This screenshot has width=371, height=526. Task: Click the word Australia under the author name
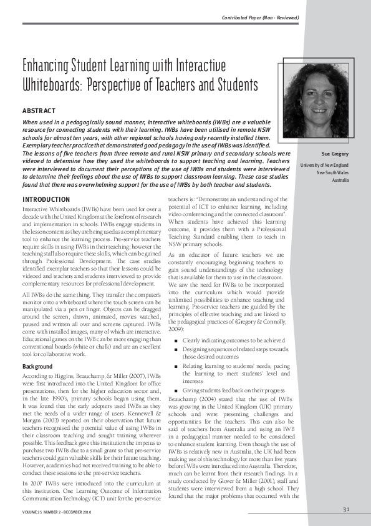[x=340, y=180]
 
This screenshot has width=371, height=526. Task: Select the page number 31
[x=346, y=509]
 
